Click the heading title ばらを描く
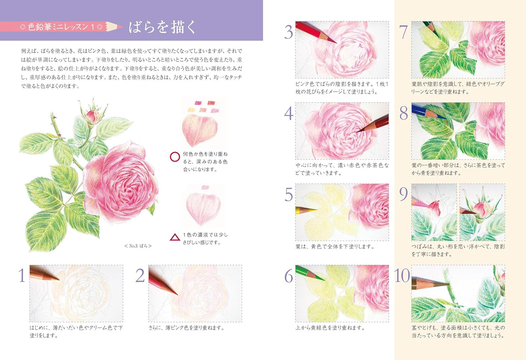point(162,27)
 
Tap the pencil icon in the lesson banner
point(114,27)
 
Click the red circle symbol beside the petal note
point(175,157)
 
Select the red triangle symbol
point(175,237)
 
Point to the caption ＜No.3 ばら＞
point(138,246)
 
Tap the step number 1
point(22,275)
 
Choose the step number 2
point(140,275)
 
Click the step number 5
point(288,195)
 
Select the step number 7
point(403,32)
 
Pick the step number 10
point(402,276)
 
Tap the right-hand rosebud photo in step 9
point(482,212)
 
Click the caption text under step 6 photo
point(330,328)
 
